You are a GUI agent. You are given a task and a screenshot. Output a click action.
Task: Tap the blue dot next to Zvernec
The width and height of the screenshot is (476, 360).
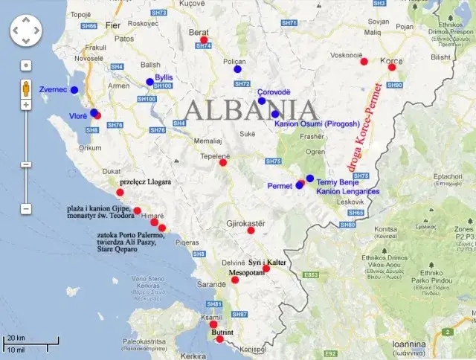[x=74, y=90]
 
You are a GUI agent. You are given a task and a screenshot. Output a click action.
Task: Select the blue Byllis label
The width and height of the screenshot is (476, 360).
[x=164, y=77]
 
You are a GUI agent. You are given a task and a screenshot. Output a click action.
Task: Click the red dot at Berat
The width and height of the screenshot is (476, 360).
[x=204, y=40]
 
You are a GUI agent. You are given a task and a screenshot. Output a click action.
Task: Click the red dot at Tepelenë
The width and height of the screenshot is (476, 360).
[x=222, y=163]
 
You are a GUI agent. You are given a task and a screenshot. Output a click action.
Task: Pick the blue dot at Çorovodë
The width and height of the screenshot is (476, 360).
[x=261, y=101]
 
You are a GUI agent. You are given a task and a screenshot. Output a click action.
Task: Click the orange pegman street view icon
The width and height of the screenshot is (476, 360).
[x=25, y=86]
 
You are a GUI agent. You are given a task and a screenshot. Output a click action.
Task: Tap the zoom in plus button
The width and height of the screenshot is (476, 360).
[x=25, y=105]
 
